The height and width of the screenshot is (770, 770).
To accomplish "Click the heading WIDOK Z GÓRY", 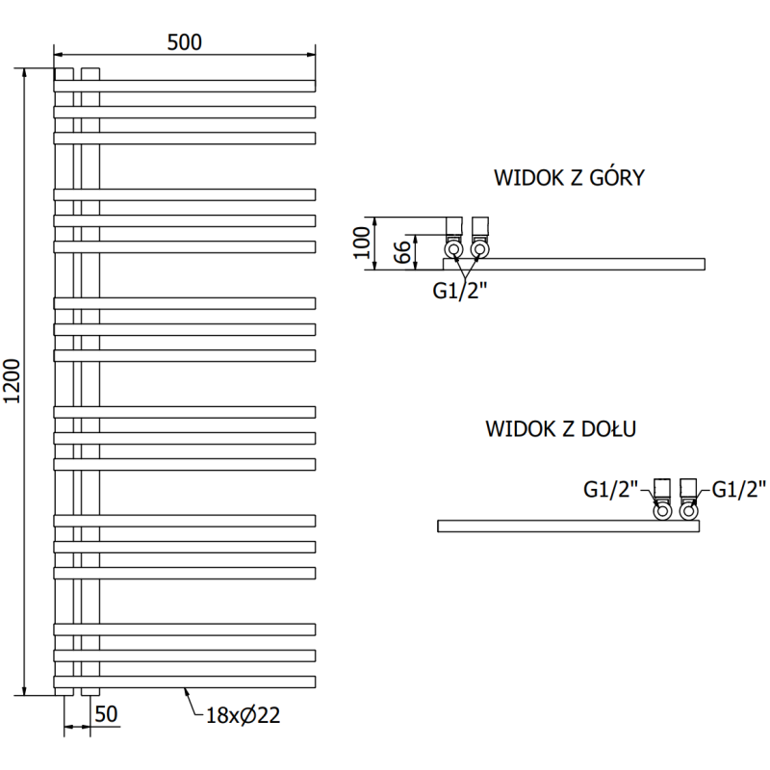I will click(x=569, y=178).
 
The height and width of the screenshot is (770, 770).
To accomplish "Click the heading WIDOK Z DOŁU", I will click(x=561, y=428).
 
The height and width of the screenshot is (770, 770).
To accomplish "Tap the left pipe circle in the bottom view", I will click(x=663, y=511).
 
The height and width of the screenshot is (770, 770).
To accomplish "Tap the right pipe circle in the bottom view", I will click(x=688, y=511).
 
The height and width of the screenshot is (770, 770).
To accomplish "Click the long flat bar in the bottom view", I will click(x=568, y=526).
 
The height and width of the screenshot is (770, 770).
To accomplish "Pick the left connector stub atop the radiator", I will click(x=64, y=73).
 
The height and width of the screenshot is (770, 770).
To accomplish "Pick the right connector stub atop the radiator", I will click(x=90, y=73).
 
